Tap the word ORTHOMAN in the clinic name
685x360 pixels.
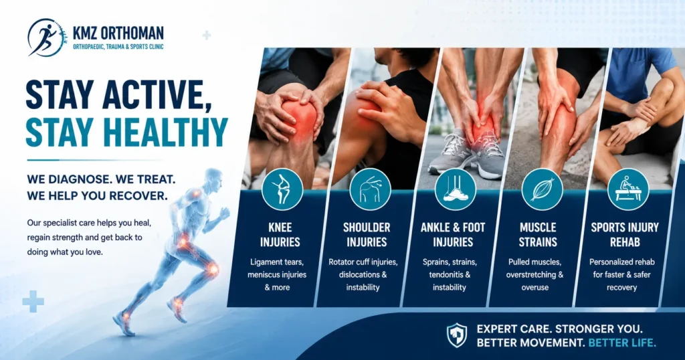[132, 33]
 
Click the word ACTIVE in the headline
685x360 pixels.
[151, 94]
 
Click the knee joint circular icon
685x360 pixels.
[282, 189]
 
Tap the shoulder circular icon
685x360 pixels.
[370, 189]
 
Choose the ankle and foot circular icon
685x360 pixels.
[455, 189]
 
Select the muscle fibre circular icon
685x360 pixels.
[542, 189]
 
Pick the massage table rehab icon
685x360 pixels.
[628, 189]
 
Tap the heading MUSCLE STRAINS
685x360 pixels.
[538, 235]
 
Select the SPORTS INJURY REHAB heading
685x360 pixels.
[625, 235]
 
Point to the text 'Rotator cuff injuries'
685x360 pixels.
[363, 262]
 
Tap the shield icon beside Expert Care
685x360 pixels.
[457, 335]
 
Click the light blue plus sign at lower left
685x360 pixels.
[33, 302]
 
